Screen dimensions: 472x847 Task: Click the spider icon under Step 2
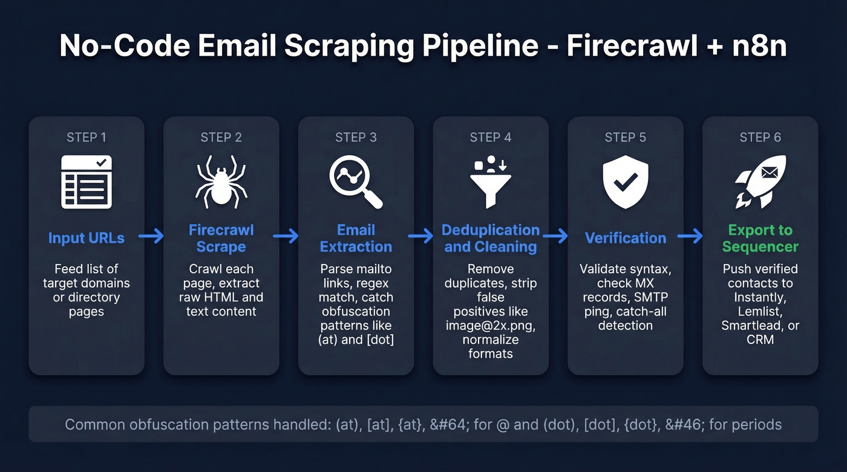click(221, 182)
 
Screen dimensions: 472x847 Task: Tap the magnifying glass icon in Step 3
click(355, 181)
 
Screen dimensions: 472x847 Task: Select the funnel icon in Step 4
click(490, 182)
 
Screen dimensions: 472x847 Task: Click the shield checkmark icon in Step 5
click(625, 181)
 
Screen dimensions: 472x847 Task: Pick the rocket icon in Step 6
click(759, 182)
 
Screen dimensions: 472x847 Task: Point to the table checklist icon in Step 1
click(87, 182)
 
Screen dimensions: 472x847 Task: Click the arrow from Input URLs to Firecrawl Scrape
click(151, 236)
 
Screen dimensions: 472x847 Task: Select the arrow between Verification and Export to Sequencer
click(690, 236)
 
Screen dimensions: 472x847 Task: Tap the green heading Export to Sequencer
click(760, 238)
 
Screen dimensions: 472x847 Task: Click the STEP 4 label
click(490, 138)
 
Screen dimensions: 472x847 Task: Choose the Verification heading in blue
click(625, 238)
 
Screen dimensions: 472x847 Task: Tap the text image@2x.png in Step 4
click(490, 326)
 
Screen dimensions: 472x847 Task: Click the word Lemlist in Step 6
click(760, 311)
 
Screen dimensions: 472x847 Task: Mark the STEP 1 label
click(87, 138)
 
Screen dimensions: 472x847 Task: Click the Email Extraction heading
click(356, 238)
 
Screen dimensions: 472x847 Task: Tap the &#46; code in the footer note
click(679, 425)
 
